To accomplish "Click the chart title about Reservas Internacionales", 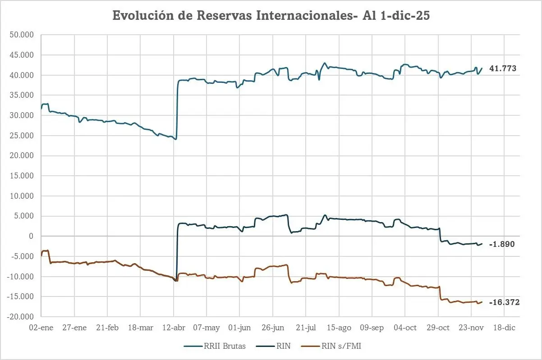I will (271, 16).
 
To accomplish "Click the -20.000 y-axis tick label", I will (23, 317).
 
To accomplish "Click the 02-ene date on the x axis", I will (41, 328).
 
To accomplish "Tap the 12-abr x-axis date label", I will (174, 328).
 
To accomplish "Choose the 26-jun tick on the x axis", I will (273, 328).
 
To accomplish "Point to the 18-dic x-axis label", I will (504, 328).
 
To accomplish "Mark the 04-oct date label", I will (405, 328).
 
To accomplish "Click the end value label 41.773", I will (503, 69).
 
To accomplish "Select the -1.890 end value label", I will (502, 244).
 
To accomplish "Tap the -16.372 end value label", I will (504, 303).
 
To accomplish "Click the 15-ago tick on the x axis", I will (339, 328).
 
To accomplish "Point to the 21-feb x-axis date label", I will (107, 328).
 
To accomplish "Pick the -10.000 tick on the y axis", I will (23, 277).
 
